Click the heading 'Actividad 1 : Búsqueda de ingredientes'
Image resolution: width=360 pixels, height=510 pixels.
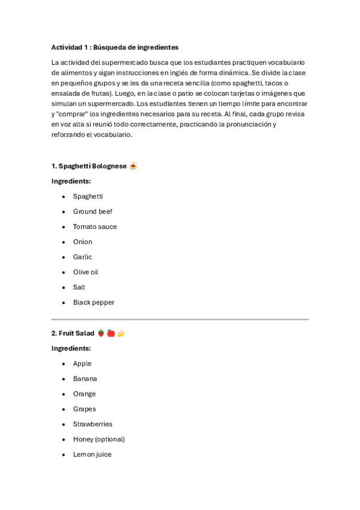[115, 47]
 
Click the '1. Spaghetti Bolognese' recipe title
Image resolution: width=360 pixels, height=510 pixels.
[89, 166]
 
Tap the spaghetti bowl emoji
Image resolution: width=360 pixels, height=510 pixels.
[133, 166]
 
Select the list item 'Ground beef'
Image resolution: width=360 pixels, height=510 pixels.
[93, 212]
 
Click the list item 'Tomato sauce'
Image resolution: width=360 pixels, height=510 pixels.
[95, 227]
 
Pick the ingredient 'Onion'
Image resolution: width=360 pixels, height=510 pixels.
[82, 242]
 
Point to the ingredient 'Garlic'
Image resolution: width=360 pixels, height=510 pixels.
[82, 257]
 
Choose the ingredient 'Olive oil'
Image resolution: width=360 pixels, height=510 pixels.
[85, 272]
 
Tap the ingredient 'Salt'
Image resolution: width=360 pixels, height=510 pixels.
[79, 287]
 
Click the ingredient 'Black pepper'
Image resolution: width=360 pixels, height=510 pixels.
[93, 303]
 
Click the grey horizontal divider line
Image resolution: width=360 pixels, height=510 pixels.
[180, 319]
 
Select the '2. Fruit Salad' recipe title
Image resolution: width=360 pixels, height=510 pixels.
[73, 333]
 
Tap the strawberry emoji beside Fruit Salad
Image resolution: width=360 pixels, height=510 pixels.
[101, 333]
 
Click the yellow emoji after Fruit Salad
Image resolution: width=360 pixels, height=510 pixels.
[121, 333]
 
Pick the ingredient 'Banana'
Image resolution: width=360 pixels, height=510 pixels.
[85, 379]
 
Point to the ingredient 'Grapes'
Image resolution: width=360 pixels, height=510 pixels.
[84, 409]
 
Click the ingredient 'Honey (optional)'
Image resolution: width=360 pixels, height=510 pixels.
[99, 440]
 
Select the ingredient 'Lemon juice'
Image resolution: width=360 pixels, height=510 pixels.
[92, 455]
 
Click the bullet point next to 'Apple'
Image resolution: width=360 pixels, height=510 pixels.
[64, 364]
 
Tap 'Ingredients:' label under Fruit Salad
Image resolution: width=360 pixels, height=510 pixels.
[71, 348]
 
